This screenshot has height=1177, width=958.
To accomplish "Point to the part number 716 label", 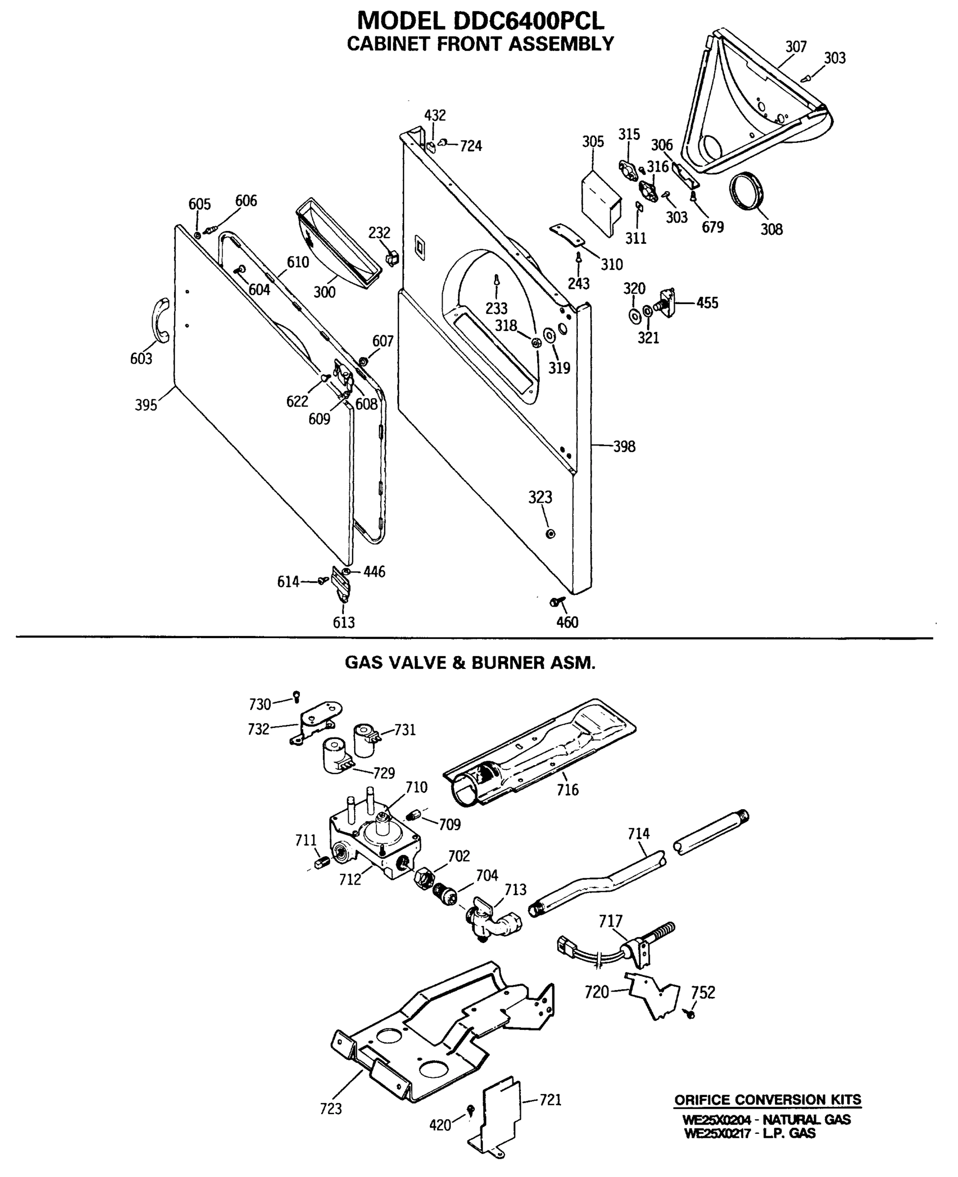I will point(567,790).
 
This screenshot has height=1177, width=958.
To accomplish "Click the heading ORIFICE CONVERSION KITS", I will point(768,1100).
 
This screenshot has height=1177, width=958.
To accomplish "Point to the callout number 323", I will point(540,497).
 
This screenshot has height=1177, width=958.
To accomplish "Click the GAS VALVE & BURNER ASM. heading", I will point(470,663).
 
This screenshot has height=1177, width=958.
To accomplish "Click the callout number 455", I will point(707,303).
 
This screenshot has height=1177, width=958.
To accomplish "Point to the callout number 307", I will point(796,47).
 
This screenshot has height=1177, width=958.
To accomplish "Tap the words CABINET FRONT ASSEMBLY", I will point(480,44).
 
